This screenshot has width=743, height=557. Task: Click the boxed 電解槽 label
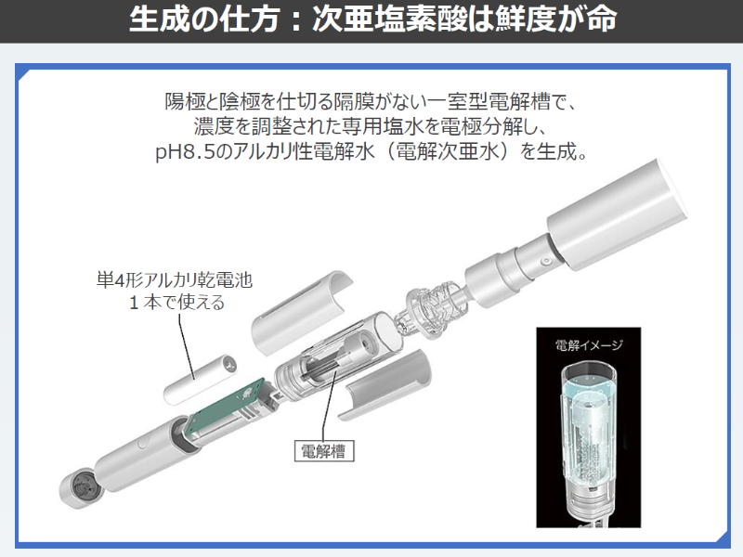point(324,450)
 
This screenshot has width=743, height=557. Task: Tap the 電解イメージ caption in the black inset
point(589,344)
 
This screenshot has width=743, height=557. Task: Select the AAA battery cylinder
point(201,380)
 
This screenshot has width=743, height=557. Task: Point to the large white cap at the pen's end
point(617,215)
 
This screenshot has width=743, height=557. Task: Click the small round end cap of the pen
point(80,490)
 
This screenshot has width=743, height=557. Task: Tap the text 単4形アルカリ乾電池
point(175,280)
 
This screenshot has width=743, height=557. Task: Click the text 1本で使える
point(176,303)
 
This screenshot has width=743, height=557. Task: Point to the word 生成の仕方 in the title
point(203,19)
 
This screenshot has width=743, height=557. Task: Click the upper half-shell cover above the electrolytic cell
point(301,311)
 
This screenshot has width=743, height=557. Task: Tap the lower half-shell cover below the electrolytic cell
point(389,384)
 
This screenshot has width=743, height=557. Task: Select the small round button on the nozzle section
point(546,261)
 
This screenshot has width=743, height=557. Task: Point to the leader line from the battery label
point(187,346)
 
